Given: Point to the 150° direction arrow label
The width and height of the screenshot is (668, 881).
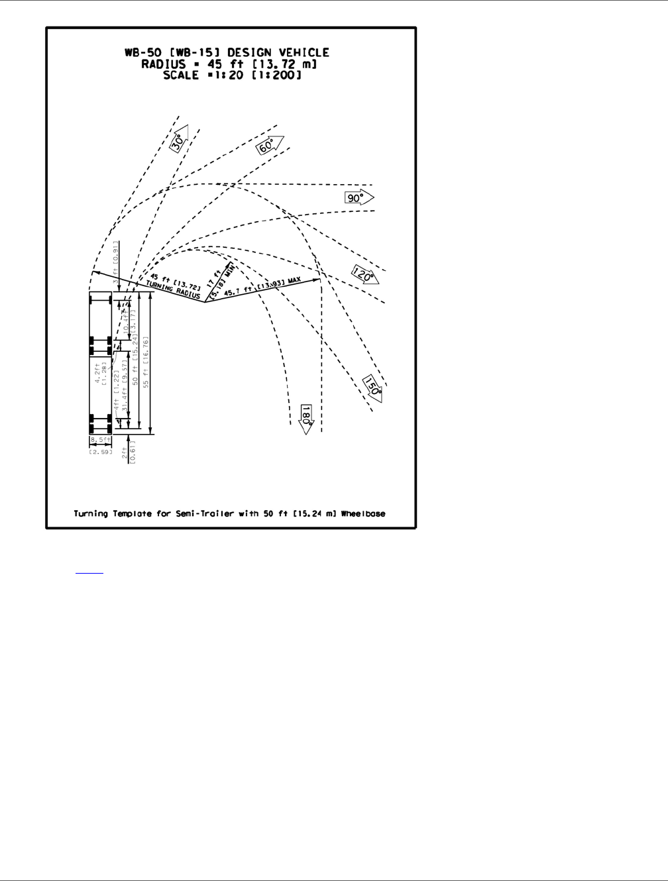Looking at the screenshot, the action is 373,387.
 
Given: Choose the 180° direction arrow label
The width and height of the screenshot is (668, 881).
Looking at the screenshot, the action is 306,418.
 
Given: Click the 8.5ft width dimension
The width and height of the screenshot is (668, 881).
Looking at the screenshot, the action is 101,439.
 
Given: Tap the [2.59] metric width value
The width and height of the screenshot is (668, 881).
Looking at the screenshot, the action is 101,451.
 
